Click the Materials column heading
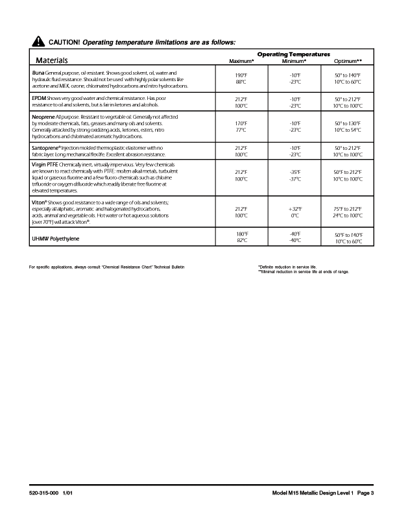coord(52,60)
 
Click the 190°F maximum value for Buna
coord(240,76)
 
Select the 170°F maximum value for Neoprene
coord(240,123)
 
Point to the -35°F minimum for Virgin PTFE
coord(295,172)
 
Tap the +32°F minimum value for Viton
coord(295,208)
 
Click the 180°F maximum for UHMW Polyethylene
coord(240,234)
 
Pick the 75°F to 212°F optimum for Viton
coord(348,208)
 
